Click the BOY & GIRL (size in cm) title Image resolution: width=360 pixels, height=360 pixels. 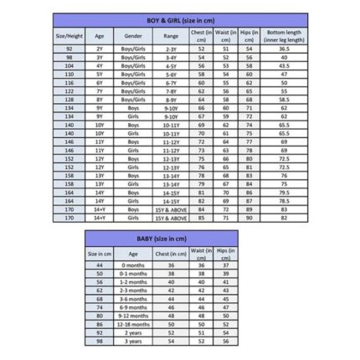pyautogui.click(x=179, y=18)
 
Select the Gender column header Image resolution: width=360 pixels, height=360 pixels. pyautogui.click(x=132, y=37)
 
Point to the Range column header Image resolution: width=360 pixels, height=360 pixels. pyautogui.click(x=171, y=37)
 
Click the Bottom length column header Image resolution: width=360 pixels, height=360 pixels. pyautogui.click(x=284, y=36)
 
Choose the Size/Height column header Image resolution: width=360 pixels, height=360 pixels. pyautogui.click(x=69, y=37)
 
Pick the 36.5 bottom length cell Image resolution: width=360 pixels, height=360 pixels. pyautogui.click(x=284, y=49)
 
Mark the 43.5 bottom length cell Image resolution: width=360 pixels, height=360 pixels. pyautogui.click(x=284, y=65)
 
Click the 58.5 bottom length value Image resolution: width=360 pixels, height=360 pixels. pyautogui.click(x=284, y=99)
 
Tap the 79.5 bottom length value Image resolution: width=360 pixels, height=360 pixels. pyautogui.click(x=284, y=192)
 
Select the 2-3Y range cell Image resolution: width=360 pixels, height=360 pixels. pyautogui.click(x=171, y=49)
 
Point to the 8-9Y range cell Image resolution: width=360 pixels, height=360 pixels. pyautogui.click(x=171, y=99)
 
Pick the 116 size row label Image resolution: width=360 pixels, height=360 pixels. pyautogui.click(x=69, y=82)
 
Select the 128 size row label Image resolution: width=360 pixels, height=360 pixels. pyautogui.click(x=69, y=99)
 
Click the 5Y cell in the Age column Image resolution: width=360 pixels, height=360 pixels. pyautogui.click(x=100, y=74)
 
